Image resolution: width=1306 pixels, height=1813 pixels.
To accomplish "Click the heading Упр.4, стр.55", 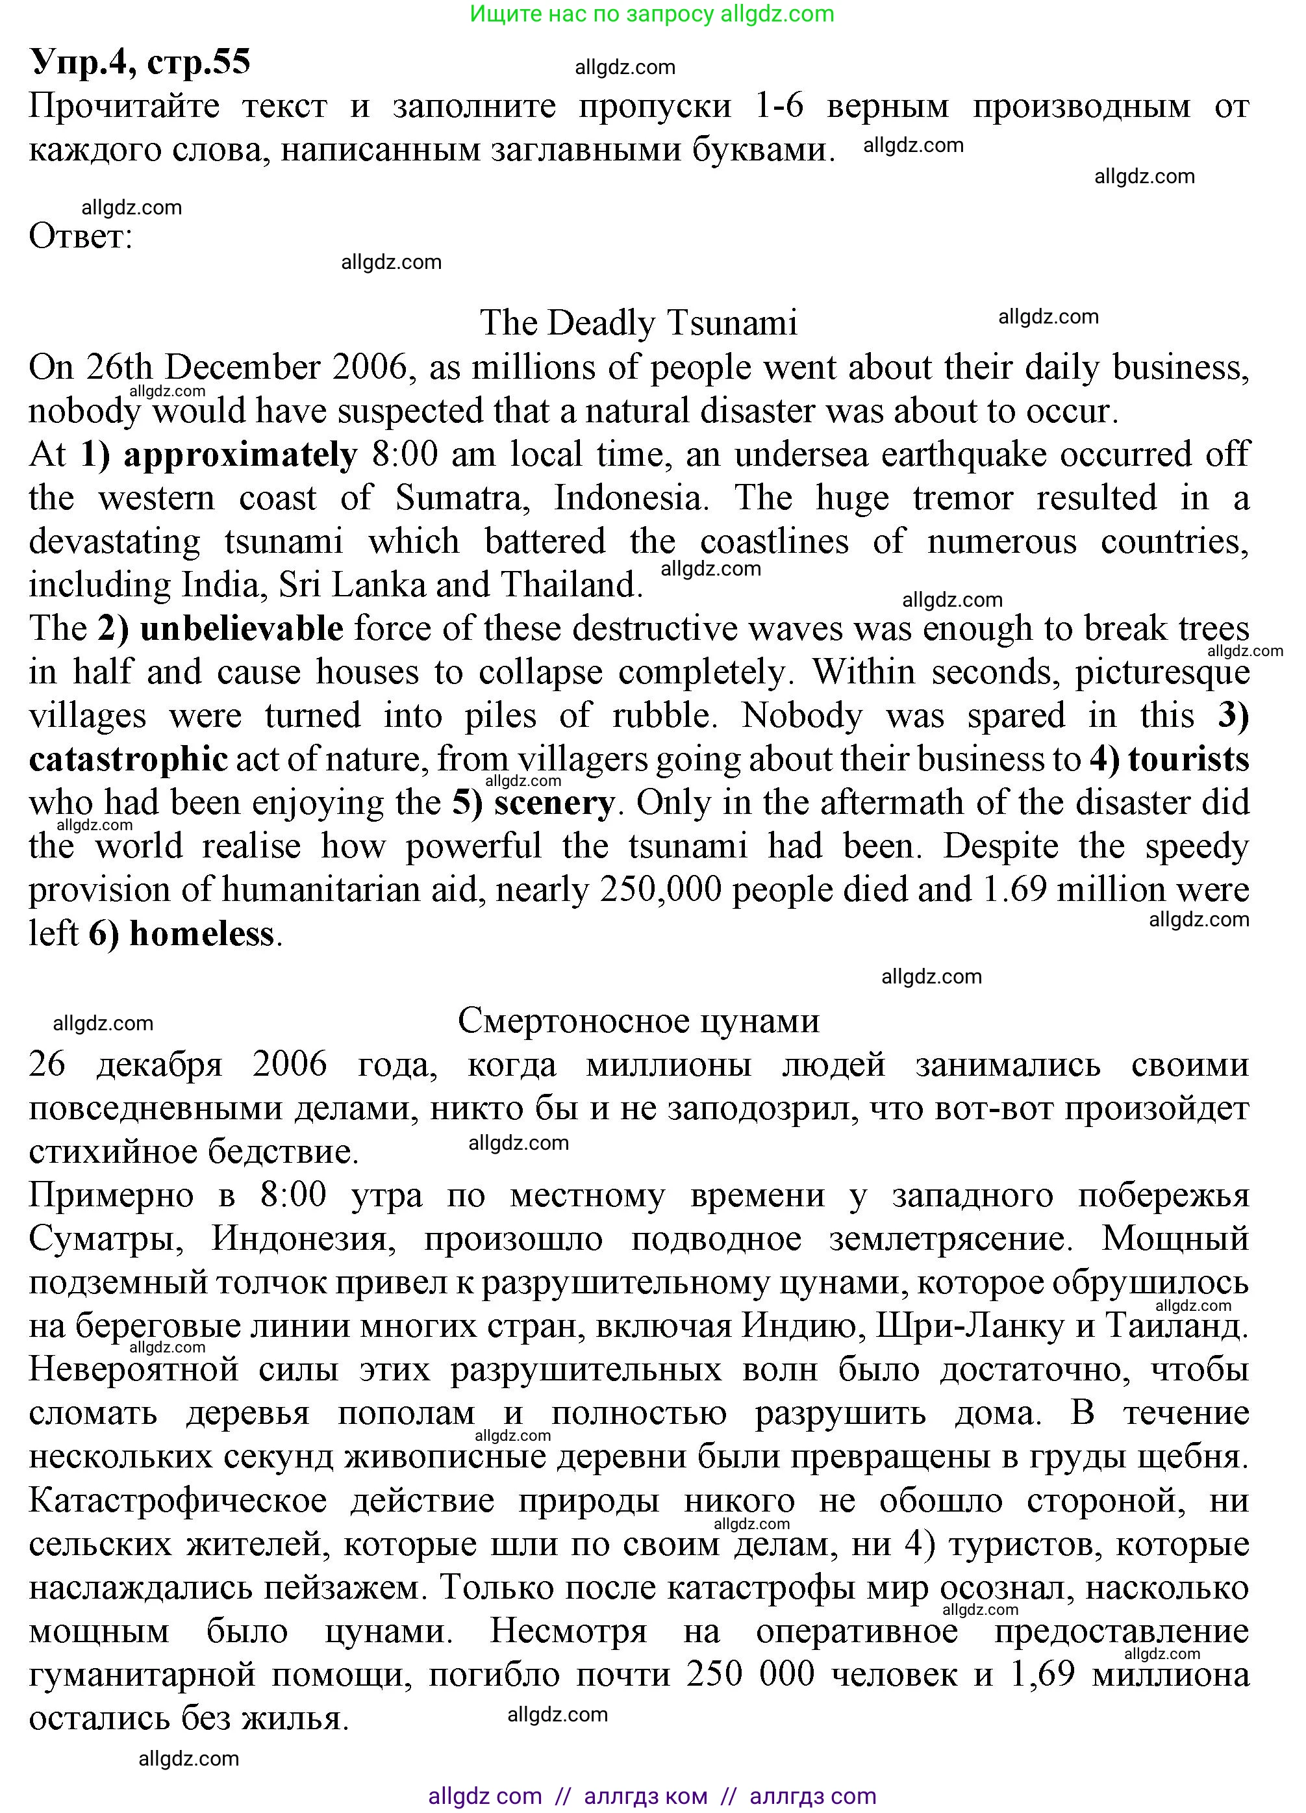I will pyautogui.click(x=140, y=62).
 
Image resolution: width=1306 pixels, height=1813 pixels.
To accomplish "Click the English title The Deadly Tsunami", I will pyautogui.click(x=638, y=323).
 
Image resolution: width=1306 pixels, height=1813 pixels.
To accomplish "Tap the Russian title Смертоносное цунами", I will pyautogui.click(x=638, y=1021).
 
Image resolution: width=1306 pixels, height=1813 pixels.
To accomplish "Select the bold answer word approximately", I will pyautogui.click(x=240, y=455).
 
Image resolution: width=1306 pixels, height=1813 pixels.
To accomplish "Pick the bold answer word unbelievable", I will pyautogui.click(x=242, y=628).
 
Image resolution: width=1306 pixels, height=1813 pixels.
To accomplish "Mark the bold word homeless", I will pyautogui.click(x=201, y=933).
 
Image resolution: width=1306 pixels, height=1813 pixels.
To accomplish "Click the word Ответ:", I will pyautogui.click(x=81, y=236).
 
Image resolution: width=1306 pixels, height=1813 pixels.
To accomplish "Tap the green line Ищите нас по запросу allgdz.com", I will pyautogui.click(x=651, y=14).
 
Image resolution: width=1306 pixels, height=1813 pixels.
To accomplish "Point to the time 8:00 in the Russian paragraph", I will pyautogui.click(x=294, y=1195).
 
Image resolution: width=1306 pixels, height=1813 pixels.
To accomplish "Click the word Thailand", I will pyautogui.click(x=571, y=585).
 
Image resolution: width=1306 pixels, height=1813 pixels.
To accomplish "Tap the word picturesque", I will pyautogui.click(x=1161, y=672).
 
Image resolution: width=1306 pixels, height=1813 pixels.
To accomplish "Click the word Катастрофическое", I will pyautogui.click(x=177, y=1501).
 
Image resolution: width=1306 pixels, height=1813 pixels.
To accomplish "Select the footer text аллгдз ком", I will pyautogui.click(x=645, y=1796).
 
